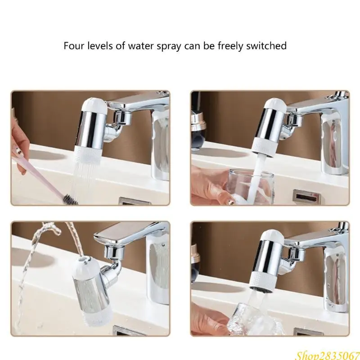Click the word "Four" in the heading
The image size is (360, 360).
click(72, 46)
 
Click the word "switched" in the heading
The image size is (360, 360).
click(269, 46)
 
